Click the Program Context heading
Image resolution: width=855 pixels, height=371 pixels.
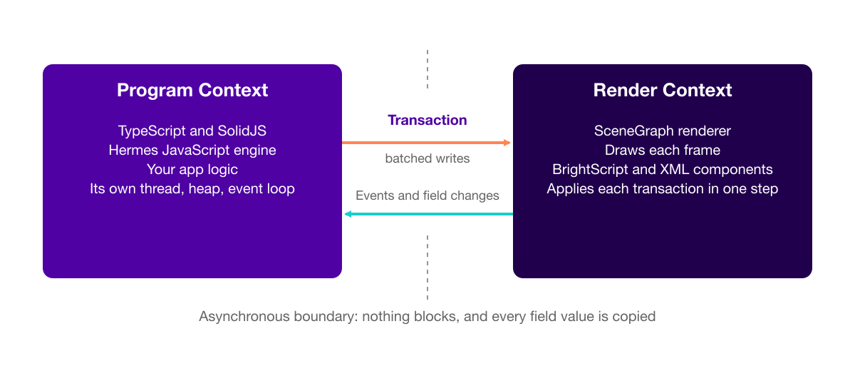[x=192, y=91]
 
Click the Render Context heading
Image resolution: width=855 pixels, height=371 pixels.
[x=662, y=91]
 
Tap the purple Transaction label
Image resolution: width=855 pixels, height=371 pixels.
[x=427, y=120]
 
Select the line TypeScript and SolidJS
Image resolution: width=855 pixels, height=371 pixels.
[x=192, y=131]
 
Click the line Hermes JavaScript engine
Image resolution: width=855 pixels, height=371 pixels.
[x=192, y=150]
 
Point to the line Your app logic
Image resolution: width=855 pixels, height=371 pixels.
[x=192, y=169]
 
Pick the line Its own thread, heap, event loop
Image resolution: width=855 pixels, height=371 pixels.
[x=192, y=189]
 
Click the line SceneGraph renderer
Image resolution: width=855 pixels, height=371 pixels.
[x=662, y=131]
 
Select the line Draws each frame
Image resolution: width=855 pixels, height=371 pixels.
[x=662, y=150]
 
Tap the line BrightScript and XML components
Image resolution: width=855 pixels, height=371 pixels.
[x=662, y=169]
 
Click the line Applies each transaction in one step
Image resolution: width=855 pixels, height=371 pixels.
[x=662, y=189]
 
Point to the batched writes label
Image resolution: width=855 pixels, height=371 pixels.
[x=427, y=158]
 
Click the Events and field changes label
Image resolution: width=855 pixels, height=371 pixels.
[x=427, y=195]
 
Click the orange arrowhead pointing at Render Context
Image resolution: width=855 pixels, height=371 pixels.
[x=507, y=143]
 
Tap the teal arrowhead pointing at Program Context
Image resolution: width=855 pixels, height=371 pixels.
[x=348, y=214]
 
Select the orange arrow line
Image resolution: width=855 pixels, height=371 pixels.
[x=426, y=143]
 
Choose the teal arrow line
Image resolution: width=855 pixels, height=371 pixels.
[x=429, y=214]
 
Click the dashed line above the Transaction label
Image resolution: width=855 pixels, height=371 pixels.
[x=427, y=69]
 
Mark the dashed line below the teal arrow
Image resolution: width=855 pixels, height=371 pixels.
[x=427, y=268]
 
